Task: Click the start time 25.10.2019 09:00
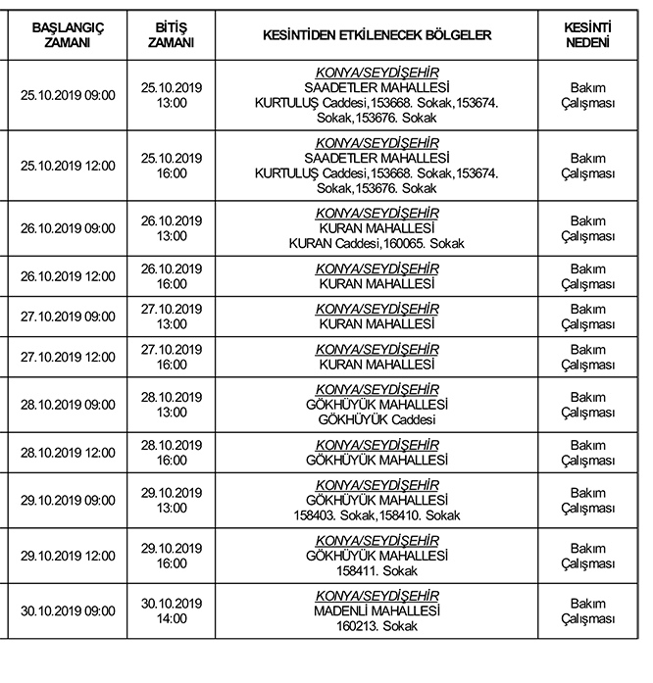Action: pos(68,95)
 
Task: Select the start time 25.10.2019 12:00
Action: pos(68,166)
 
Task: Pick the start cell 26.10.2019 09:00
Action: pos(68,228)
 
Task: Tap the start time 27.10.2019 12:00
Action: pos(68,357)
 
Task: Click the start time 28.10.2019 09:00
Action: pos(68,404)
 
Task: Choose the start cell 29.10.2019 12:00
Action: pos(68,556)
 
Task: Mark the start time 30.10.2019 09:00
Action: pos(68,610)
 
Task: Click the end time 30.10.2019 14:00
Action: pos(171,610)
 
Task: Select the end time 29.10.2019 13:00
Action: pos(171,501)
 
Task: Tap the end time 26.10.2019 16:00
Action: pos(171,276)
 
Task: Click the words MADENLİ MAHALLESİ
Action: pos(377,610)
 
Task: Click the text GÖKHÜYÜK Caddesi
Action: pos(377,419)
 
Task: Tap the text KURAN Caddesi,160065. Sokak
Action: pos(377,243)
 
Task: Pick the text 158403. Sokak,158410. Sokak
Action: pos(377,515)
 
